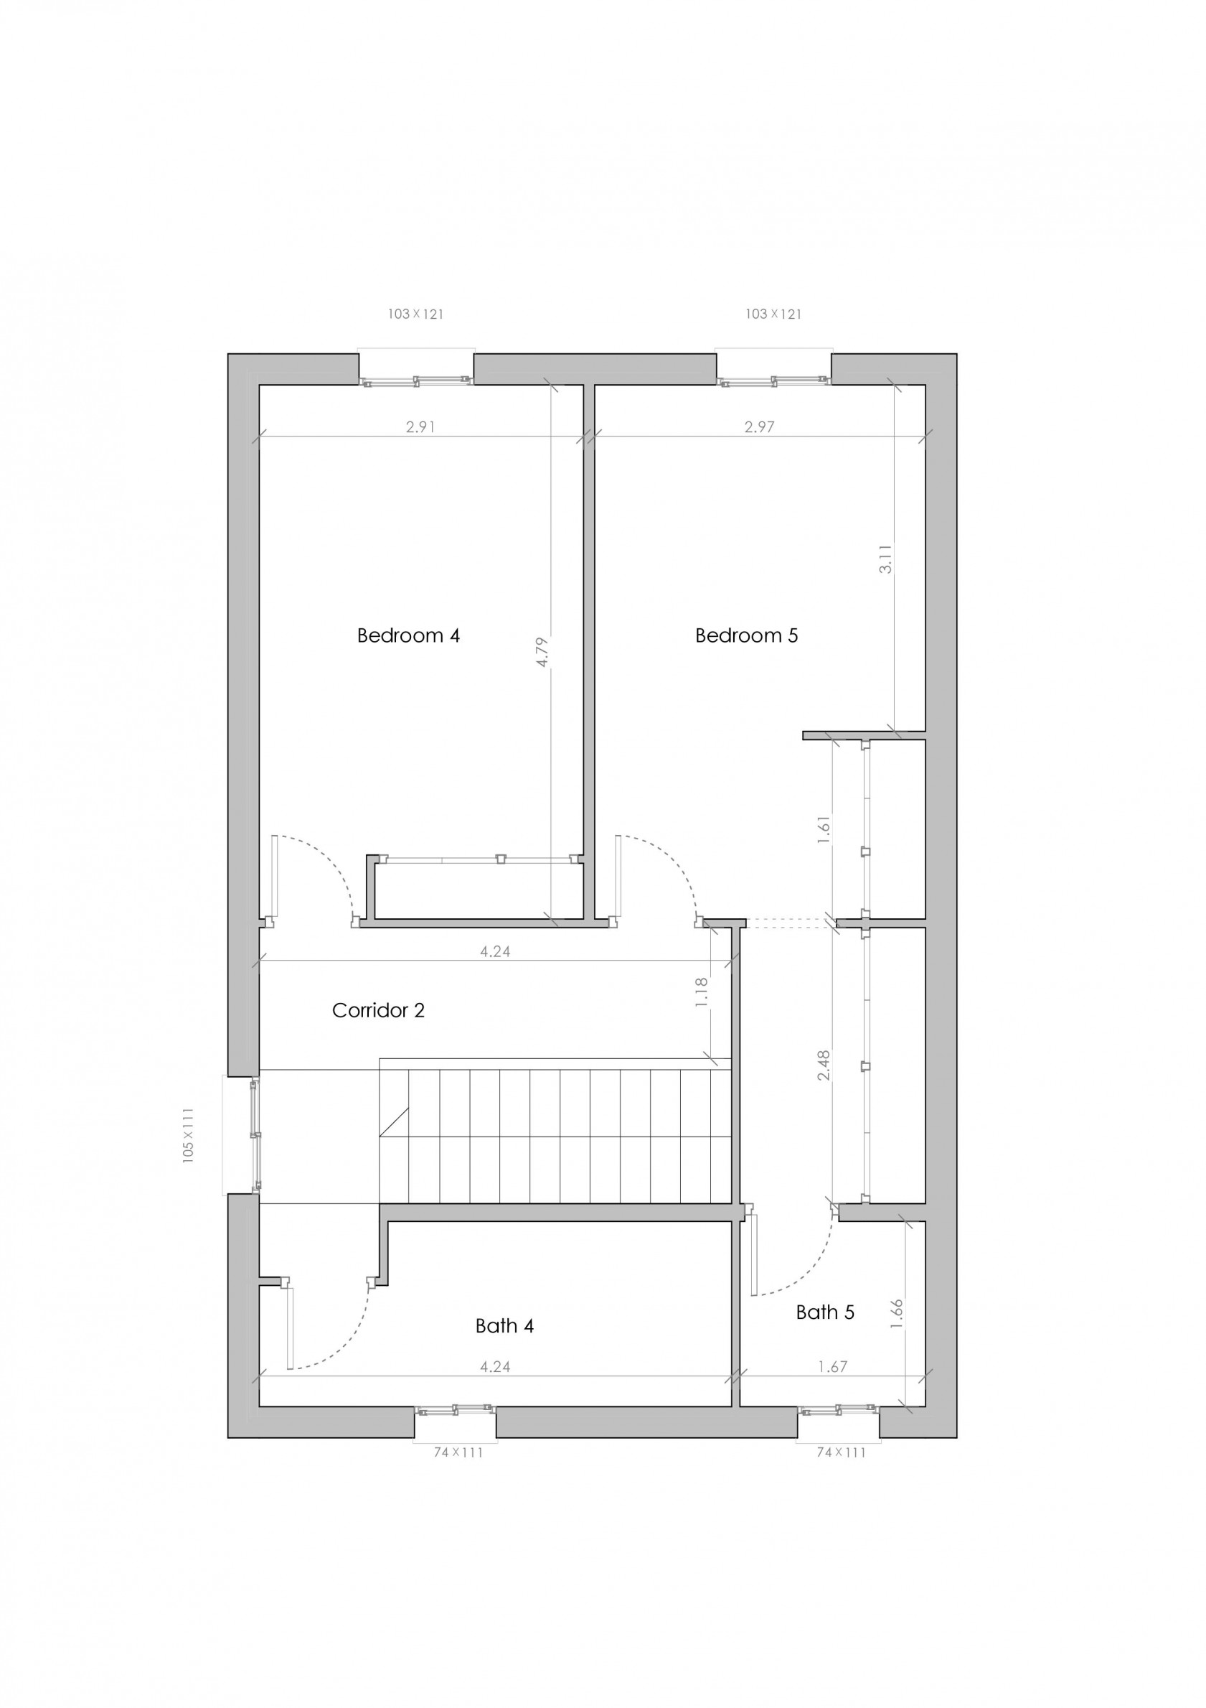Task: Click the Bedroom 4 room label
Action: click(408, 636)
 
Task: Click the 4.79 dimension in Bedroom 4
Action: click(542, 652)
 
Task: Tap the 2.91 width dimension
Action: click(420, 427)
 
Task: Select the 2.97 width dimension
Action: click(759, 427)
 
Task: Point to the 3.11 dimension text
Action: click(885, 559)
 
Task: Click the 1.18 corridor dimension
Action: click(702, 992)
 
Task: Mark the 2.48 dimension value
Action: click(823, 1065)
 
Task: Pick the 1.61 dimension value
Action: click(823, 829)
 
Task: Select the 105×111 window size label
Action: click(188, 1135)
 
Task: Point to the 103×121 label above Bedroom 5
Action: click(773, 314)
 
